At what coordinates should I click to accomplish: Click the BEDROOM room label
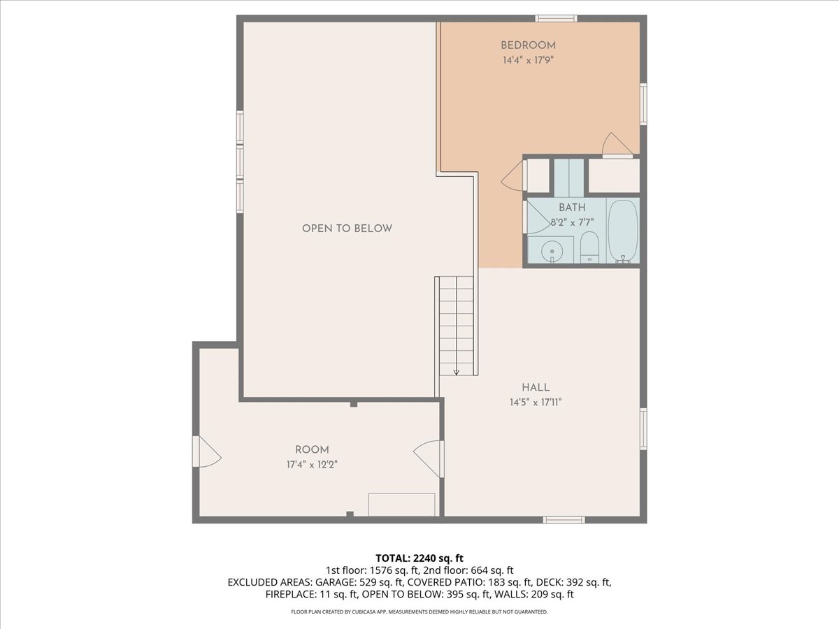pyautogui.click(x=528, y=45)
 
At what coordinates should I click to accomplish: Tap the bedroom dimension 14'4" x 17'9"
pyautogui.click(x=528, y=60)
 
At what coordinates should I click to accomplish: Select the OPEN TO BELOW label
pyautogui.click(x=347, y=229)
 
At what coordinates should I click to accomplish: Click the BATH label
pyautogui.click(x=572, y=208)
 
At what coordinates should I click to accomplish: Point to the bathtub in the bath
pyautogui.click(x=623, y=231)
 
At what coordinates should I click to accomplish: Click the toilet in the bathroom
pyautogui.click(x=589, y=247)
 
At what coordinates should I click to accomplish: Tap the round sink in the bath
pyautogui.click(x=552, y=252)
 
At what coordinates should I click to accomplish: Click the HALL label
pyautogui.click(x=536, y=387)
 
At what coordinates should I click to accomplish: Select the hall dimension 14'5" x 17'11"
pyautogui.click(x=536, y=402)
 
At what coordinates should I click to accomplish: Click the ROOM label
pyautogui.click(x=312, y=449)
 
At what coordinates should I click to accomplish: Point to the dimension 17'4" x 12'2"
pyautogui.click(x=312, y=464)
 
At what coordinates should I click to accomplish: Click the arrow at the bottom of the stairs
pyautogui.click(x=456, y=372)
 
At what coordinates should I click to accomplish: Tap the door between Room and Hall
pyautogui.click(x=429, y=458)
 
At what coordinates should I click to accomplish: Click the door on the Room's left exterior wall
pyautogui.click(x=207, y=451)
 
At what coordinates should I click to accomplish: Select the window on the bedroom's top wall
pyautogui.click(x=556, y=18)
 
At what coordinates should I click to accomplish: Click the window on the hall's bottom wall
pyautogui.click(x=564, y=519)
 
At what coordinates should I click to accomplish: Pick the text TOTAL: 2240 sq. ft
pyautogui.click(x=419, y=558)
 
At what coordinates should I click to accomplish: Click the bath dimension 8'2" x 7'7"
pyautogui.click(x=572, y=222)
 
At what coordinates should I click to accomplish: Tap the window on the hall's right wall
pyautogui.click(x=643, y=429)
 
